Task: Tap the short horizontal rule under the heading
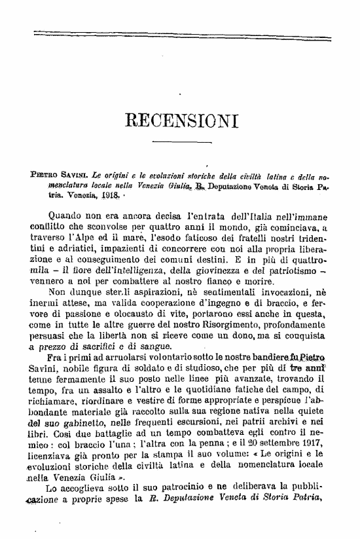click(x=181, y=142)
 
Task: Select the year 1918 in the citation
click(x=106, y=196)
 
